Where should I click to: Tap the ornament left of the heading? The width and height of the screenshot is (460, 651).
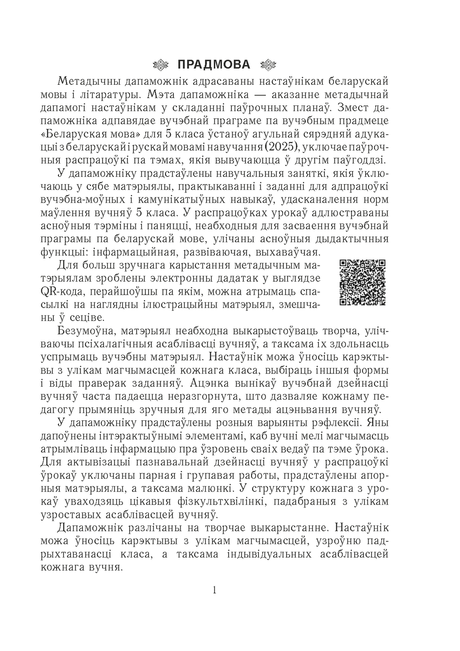click(x=162, y=64)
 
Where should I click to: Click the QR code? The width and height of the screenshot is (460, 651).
click(x=362, y=282)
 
